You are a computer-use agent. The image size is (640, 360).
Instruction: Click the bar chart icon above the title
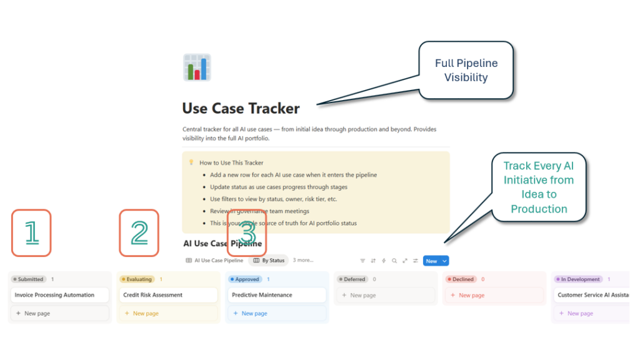tap(197, 67)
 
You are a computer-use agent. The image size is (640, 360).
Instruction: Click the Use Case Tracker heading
tap(241, 108)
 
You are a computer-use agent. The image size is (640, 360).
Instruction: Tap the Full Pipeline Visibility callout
tap(466, 70)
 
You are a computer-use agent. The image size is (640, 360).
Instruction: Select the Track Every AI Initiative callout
tap(538, 187)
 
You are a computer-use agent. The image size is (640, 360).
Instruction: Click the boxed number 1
tap(31, 232)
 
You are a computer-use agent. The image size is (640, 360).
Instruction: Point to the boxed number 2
tap(139, 232)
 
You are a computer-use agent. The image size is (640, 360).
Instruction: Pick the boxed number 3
tap(247, 232)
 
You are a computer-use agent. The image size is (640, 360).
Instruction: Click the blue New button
tap(432, 261)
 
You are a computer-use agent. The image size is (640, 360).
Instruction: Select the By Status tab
tap(269, 261)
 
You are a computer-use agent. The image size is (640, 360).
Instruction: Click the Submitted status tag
tap(28, 279)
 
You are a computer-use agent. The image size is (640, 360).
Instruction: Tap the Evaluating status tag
tap(137, 279)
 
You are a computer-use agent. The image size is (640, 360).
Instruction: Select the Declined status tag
tap(461, 279)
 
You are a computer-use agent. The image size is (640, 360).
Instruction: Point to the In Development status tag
tap(578, 279)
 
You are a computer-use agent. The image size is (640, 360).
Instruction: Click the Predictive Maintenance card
tap(262, 295)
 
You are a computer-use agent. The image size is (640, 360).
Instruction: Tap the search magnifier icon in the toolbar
tap(394, 261)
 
